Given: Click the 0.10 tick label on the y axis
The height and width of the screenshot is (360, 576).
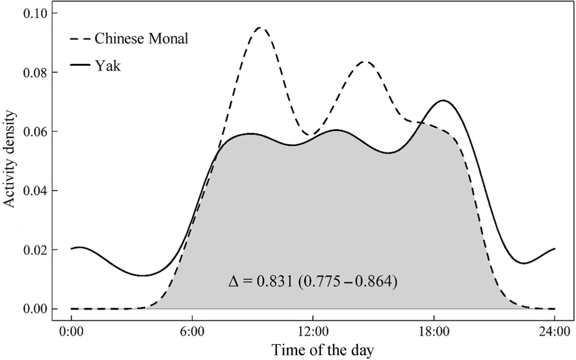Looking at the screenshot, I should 35,13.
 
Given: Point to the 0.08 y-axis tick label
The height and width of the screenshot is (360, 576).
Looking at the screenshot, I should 35,73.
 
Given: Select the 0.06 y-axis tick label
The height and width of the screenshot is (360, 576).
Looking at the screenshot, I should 35,131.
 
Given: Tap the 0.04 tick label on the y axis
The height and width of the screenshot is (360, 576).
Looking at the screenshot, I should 35,191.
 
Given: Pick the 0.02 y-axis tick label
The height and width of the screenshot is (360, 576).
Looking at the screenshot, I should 35,250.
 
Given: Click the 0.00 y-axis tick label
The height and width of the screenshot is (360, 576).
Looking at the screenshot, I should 35,309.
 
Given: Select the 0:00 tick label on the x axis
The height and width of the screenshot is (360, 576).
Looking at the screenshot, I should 71,331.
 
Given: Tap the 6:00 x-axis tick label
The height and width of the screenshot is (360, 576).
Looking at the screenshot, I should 192,331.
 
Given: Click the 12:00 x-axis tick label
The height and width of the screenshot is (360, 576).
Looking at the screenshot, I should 313,331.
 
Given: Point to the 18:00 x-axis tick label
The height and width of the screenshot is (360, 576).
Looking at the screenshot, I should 434,331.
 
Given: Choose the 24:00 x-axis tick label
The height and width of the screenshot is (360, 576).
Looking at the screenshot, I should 555,331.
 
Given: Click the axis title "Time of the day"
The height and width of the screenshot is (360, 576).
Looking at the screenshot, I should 322,350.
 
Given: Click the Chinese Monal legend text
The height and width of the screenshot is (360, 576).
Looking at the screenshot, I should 141,39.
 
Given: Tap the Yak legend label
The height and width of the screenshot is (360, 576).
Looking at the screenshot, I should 107,66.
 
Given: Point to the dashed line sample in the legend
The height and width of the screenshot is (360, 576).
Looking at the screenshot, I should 80,39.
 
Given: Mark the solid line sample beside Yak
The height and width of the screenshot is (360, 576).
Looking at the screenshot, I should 80,66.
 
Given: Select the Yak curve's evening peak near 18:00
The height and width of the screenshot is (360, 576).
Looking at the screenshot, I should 443,100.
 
